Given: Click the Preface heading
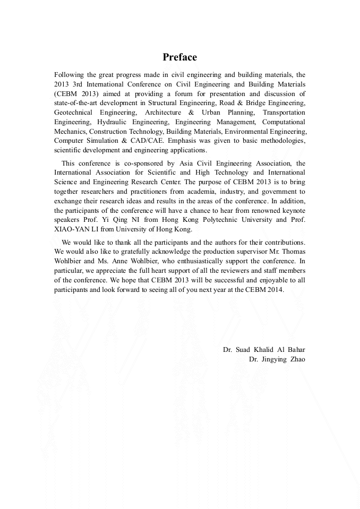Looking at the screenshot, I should (179, 57).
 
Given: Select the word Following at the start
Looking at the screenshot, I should (68, 75).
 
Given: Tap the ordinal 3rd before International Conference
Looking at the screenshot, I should (80, 84).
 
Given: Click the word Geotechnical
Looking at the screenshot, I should (74, 112).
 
